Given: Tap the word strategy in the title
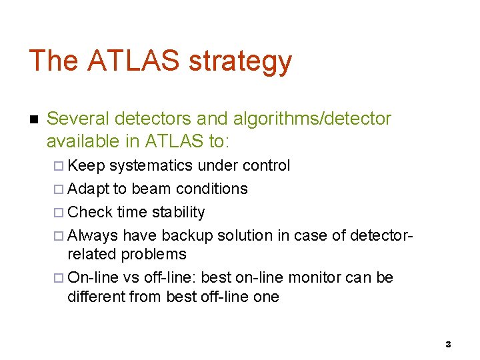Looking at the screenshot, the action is tap(241, 62).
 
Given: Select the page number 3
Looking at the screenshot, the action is tap(448, 344).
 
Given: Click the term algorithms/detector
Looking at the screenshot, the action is tap(310, 119).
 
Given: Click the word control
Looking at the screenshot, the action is tap(266, 165).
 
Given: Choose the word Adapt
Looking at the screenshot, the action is tap(89, 189).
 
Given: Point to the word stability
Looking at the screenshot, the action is tap(179, 213).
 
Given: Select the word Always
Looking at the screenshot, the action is tap(93, 235).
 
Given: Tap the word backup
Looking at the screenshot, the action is tap(191, 235).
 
